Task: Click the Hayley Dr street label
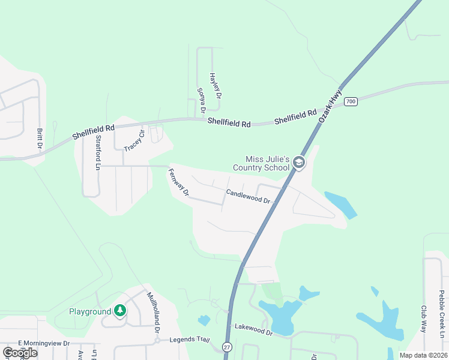(215, 86)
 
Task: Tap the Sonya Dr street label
(201, 100)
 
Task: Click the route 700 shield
(351, 101)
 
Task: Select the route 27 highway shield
(226, 347)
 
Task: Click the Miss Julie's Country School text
(267, 163)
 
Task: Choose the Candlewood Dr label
(248, 196)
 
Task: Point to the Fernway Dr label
(179, 183)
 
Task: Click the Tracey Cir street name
(135, 140)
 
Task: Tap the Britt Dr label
(40, 138)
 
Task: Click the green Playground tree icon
(120, 311)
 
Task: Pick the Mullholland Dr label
(154, 312)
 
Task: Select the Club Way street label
(423, 320)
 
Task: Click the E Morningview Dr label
(44, 343)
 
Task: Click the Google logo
(20, 353)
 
